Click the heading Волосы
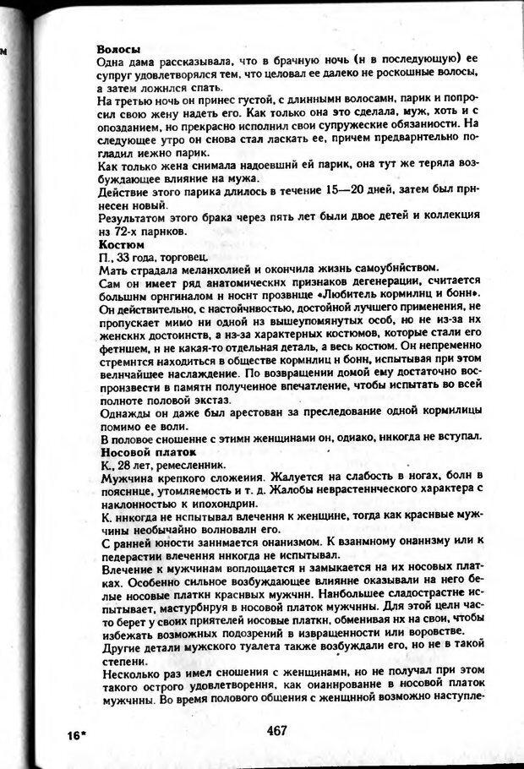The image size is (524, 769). point(118,49)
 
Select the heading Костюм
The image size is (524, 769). point(118,245)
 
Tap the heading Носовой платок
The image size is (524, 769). point(137,451)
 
